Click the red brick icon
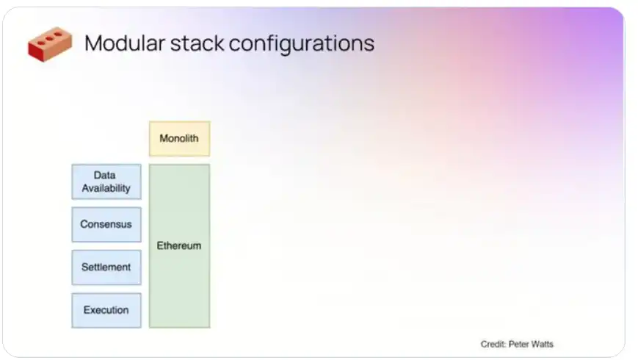50,44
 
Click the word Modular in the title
125,43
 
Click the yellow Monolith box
179,138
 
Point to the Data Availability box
106,182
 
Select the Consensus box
106,224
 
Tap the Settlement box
106,267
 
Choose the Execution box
106,310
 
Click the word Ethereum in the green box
179,245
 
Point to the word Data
104,175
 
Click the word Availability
106,188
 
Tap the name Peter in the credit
519,344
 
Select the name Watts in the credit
543,344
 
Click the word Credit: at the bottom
493,344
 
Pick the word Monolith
179,138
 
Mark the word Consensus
106,224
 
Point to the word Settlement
106,267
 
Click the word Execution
106,310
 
